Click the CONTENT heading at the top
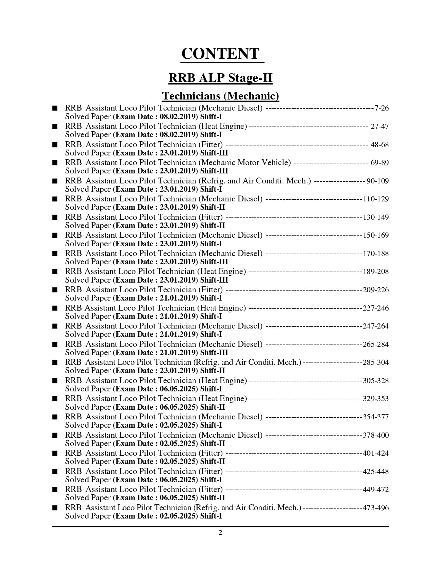point(220,54)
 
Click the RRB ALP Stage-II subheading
point(220,78)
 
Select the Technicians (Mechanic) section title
point(220,96)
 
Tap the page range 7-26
point(382,108)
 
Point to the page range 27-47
point(379,126)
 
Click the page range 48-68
point(379,144)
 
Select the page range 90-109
point(377,181)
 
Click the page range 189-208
point(376,272)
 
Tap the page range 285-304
point(376,362)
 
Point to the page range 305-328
point(376,381)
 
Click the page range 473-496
point(376,508)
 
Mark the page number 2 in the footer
point(220,532)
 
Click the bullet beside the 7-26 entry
point(55,108)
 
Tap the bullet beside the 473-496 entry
point(55,508)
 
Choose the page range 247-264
point(376,326)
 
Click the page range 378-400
point(376,435)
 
